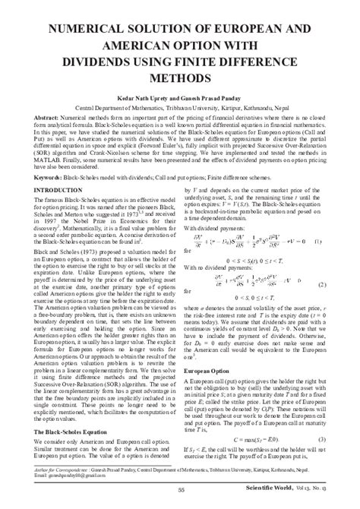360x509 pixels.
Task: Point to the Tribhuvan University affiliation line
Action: (179, 108)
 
